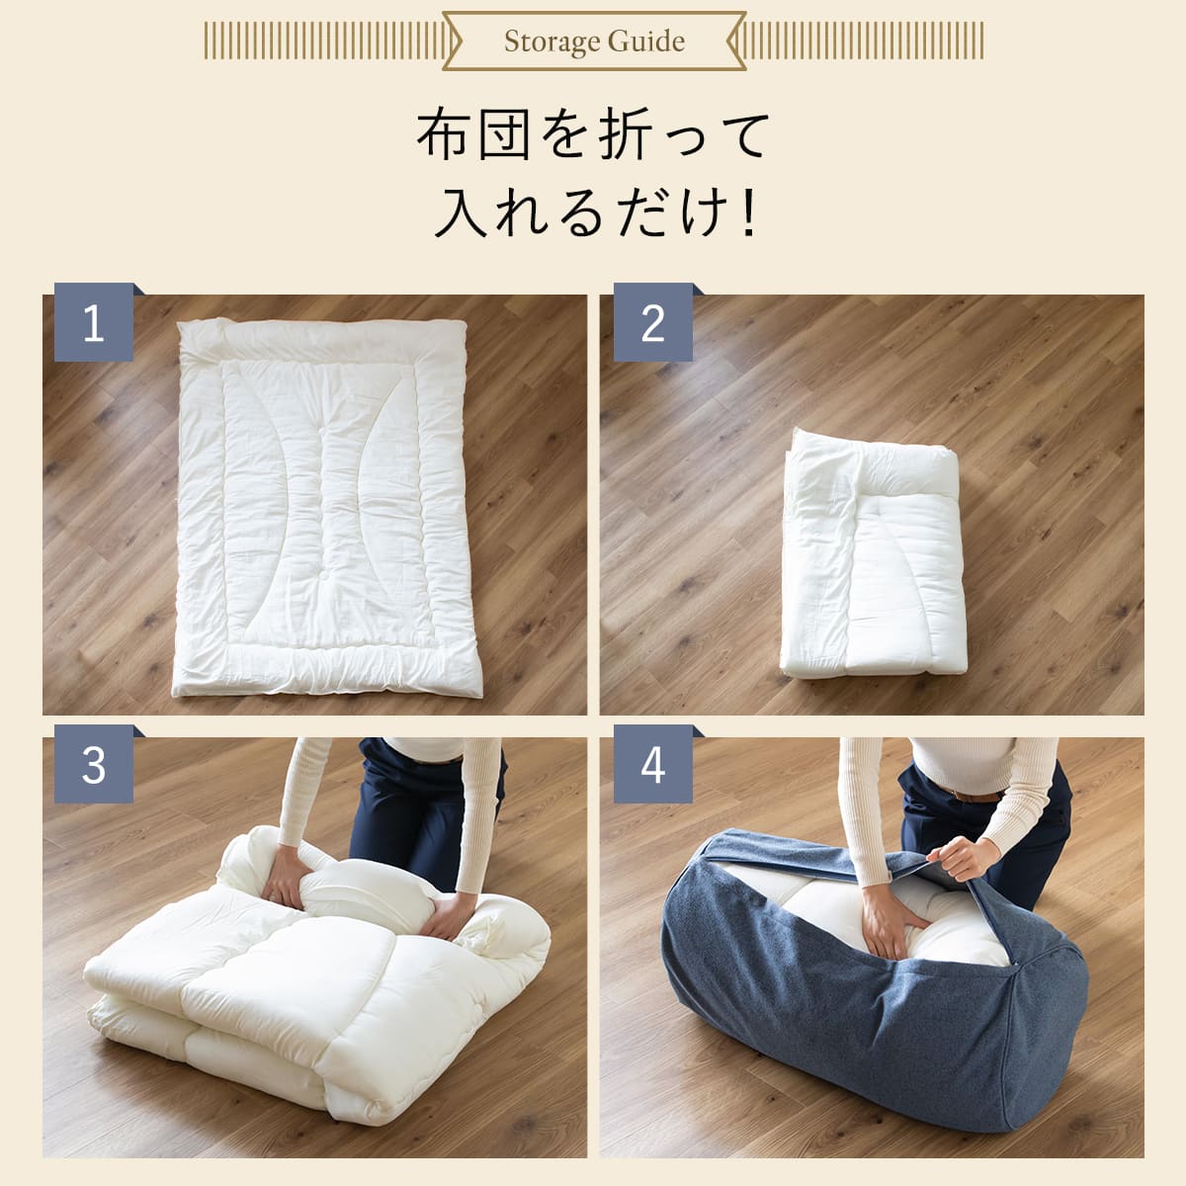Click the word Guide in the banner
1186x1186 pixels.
pos(646,41)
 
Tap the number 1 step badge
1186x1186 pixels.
pos(94,322)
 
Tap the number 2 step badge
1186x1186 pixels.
pos(653,322)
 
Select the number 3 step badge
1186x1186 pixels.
pos(94,764)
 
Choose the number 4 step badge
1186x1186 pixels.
pos(653,764)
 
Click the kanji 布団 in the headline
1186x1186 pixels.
pos(472,134)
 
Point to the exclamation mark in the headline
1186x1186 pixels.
pos(748,214)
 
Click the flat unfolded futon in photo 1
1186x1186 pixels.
pos(326,508)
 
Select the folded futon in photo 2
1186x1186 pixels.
pos(873,553)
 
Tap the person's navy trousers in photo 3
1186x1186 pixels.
pos(418,806)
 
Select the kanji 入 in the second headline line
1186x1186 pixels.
pos(463,214)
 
